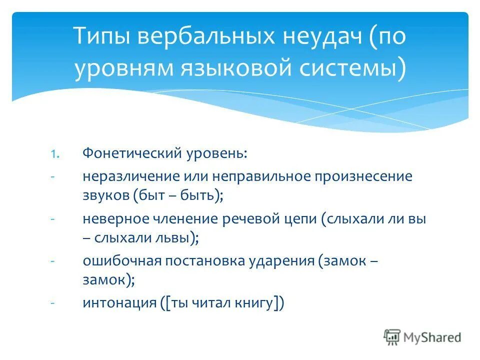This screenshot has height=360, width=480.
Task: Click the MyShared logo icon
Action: pos(392,336)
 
